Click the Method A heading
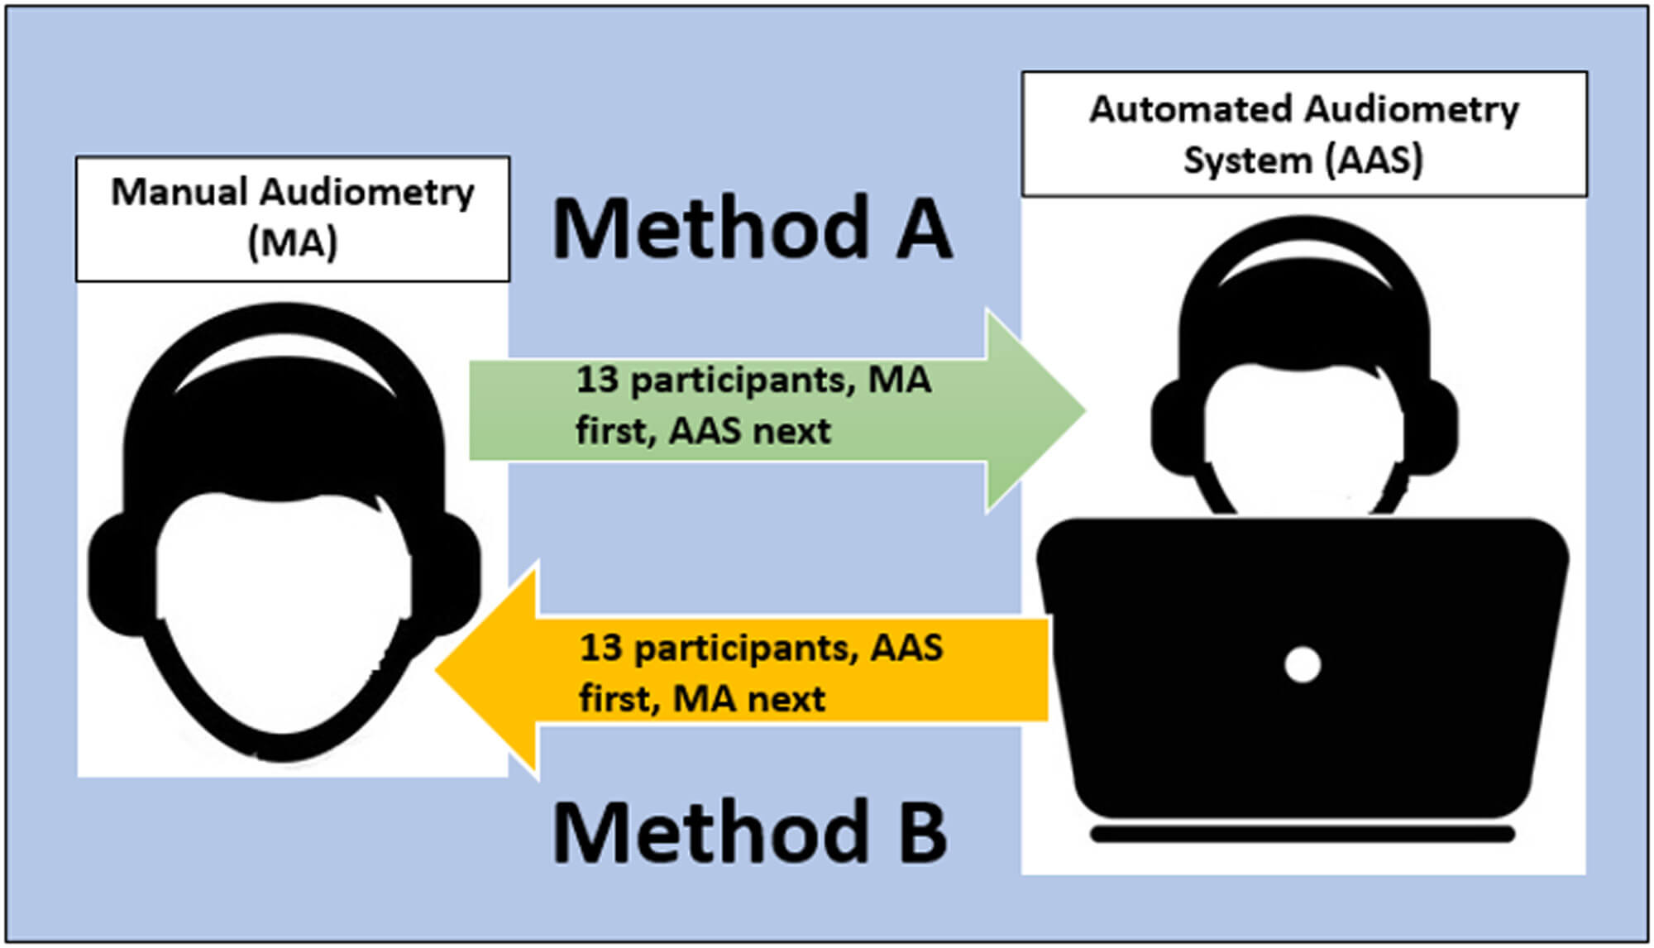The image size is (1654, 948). pyautogui.click(x=751, y=229)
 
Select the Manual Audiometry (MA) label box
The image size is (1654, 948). pyautogui.click(x=293, y=218)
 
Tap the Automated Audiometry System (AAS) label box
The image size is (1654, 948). pyautogui.click(x=1304, y=134)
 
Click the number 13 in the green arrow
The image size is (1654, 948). pyautogui.click(x=597, y=380)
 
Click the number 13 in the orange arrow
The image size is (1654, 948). pyautogui.click(x=600, y=648)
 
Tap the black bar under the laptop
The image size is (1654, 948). pyautogui.click(x=1303, y=834)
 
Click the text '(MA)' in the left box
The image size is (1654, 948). pyautogui.click(x=293, y=243)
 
